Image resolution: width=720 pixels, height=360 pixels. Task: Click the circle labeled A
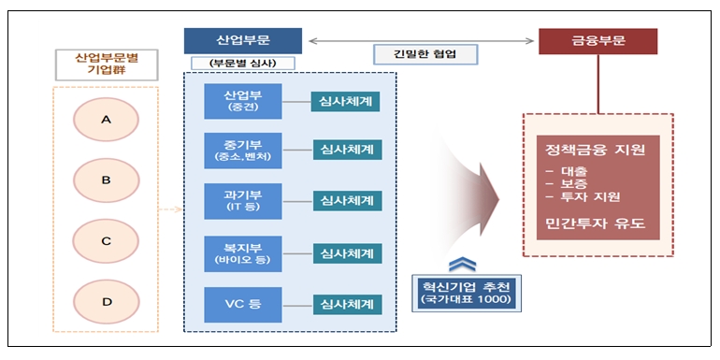pyautogui.click(x=107, y=119)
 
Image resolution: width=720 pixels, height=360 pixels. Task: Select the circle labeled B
pyautogui.click(x=107, y=180)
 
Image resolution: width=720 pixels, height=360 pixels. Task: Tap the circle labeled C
pyautogui.click(x=107, y=240)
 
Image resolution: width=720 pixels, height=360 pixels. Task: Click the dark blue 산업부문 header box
pyautogui.click(x=243, y=41)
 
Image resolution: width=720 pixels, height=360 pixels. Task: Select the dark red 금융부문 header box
pyautogui.click(x=598, y=41)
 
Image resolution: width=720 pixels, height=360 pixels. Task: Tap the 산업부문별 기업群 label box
pyautogui.click(x=106, y=64)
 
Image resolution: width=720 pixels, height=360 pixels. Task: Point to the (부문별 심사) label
pyautogui.click(x=243, y=64)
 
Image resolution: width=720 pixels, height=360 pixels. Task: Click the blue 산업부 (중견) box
pyautogui.click(x=243, y=101)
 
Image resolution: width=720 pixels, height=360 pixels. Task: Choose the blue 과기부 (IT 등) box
pyautogui.click(x=243, y=201)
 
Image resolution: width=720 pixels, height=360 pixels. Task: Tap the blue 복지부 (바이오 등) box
pyautogui.click(x=243, y=253)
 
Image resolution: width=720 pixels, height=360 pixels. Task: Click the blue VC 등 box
pyautogui.click(x=243, y=304)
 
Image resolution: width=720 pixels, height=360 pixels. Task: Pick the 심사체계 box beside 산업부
pyautogui.click(x=346, y=100)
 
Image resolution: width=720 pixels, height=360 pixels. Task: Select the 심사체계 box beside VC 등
pyautogui.click(x=346, y=304)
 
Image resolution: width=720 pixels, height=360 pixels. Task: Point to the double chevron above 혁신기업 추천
pyautogui.click(x=454, y=263)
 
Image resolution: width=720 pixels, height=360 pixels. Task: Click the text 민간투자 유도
pyautogui.click(x=598, y=225)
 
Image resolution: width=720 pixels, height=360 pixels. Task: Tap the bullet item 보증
pyautogui.click(x=572, y=184)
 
